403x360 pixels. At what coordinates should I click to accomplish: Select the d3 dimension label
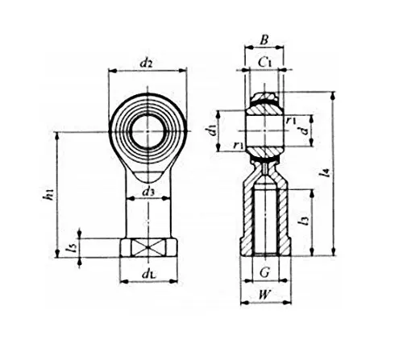click(147, 192)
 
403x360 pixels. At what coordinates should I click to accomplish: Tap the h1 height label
click(49, 193)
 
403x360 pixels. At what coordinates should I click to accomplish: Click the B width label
click(264, 39)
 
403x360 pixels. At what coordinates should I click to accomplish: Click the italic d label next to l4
click(301, 130)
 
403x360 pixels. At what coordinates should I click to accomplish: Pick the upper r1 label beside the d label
click(293, 119)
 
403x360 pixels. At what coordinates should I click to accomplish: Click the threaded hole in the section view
click(264, 217)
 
